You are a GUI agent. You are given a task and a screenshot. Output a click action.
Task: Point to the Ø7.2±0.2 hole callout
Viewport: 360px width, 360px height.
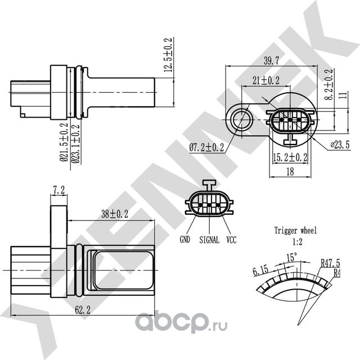pyautogui.click(x=206, y=147)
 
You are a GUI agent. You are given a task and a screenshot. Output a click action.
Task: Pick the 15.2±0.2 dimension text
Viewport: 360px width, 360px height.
pyautogui.click(x=290, y=157)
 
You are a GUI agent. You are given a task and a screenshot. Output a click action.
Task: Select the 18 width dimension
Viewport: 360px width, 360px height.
pyautogui.click(x=290, y=172)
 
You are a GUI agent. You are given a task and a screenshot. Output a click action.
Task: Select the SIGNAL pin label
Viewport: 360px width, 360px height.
pyautogui.click(x=209, y=239)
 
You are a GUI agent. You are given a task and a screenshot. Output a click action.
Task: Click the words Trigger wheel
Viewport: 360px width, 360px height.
pyautogui.click(x=295, y=230)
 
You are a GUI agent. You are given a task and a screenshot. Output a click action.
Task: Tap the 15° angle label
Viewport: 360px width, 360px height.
pyautogui.click(x=291, y=256)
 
